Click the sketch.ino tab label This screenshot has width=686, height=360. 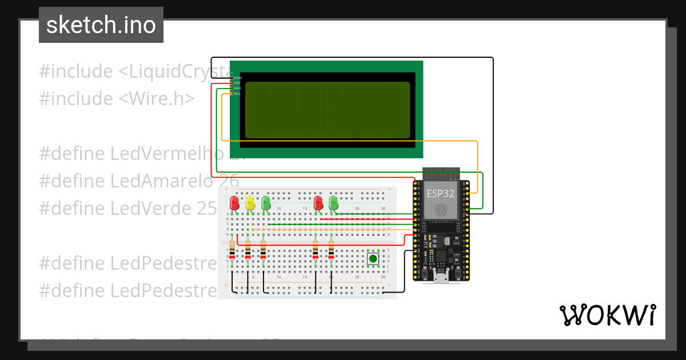click(x=101, y=25)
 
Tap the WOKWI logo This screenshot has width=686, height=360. click(x=607, y=315)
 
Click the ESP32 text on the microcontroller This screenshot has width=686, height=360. click(x=440, y=193)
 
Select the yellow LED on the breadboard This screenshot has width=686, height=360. click(x=250, y=203)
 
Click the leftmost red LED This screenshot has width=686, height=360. click(x=234, y=203)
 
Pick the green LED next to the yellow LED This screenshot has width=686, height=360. click(x=265, y=203)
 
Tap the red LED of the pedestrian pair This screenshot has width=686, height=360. click(x=318, y=203)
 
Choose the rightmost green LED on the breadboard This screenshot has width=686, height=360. click(x=334, y=203)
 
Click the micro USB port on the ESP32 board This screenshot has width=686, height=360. click(x=441, y=278)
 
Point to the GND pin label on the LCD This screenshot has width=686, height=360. click(x=237, y=77)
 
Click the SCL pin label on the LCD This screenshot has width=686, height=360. click(x=237, y=94)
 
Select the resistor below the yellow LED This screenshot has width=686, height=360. click(x=248, y=250)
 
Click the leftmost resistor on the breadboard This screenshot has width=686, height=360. click(x=232, y=250)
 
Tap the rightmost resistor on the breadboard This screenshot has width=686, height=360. click(x=331, y=250)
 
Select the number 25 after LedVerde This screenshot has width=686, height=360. click(x=206, y=208)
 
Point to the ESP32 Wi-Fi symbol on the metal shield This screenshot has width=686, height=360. click(x=441, y=210)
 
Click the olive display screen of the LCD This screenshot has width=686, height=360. click(x=328, y=110)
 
